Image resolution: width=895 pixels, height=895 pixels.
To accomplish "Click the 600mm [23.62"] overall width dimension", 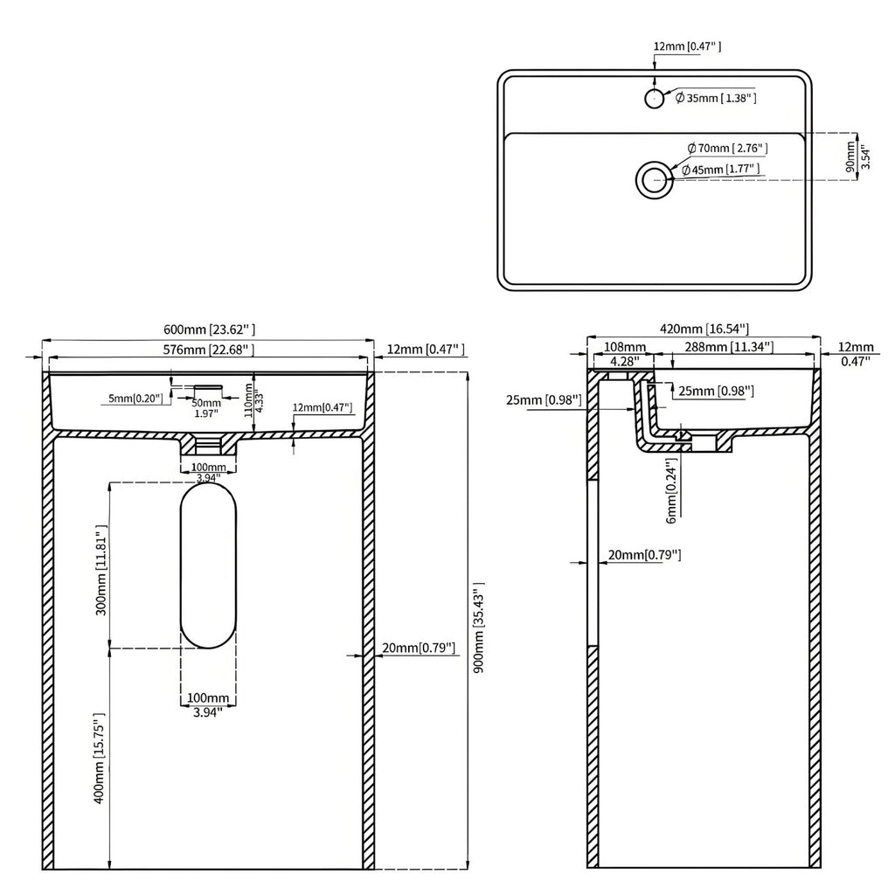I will coord(210,330).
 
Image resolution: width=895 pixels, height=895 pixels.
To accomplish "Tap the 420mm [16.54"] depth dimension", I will coord(705,329).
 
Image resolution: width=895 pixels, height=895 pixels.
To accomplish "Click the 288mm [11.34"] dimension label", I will coord(728,348).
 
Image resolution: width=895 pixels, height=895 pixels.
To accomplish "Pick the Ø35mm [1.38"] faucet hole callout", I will coord(715,99).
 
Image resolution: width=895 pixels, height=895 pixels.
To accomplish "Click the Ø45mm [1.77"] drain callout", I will coord(720,170).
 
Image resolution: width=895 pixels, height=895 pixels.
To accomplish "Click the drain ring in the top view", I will coord(651,179).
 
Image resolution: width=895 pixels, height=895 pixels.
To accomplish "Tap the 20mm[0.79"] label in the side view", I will coord(644,555).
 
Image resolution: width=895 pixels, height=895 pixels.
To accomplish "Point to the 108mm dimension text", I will coord(624,348).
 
